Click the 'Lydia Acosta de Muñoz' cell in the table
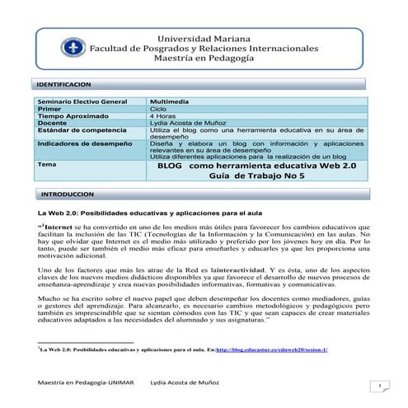pyautogui.click(x=189, y=123)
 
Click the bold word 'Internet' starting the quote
pyautogui.click(x=58, y=223)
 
